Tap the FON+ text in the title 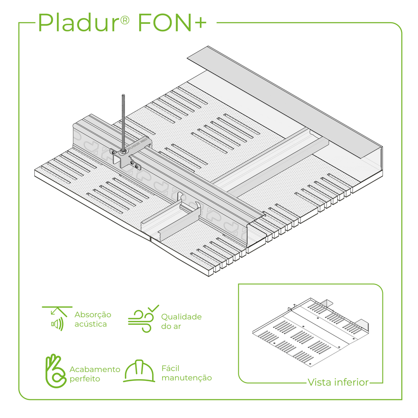tap(172, 23)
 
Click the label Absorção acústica tap(93, 319)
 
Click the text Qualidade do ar tap(181, 321)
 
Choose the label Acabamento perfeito tap(95, 374)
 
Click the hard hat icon tap(139, 371)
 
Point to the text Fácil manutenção tap(186, 373)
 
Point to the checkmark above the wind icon tap(153, 308)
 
